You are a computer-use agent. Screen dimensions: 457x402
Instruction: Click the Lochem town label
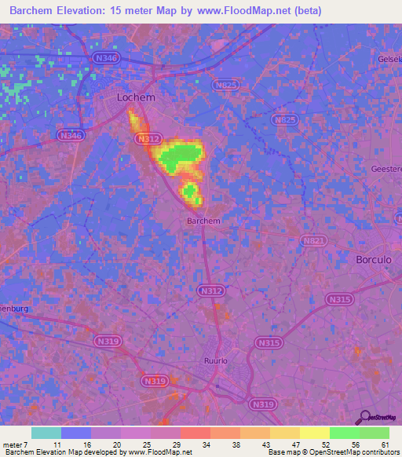136,97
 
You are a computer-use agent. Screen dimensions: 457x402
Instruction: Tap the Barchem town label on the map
203,221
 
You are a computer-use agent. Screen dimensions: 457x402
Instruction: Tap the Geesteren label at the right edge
386,169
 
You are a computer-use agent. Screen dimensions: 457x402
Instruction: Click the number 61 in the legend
386,444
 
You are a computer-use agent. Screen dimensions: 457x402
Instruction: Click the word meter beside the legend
15,444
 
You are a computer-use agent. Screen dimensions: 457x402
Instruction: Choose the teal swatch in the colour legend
46,433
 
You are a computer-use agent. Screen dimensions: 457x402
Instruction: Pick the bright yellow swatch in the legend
314,433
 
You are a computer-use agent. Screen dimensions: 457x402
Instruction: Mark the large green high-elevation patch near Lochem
181,156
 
